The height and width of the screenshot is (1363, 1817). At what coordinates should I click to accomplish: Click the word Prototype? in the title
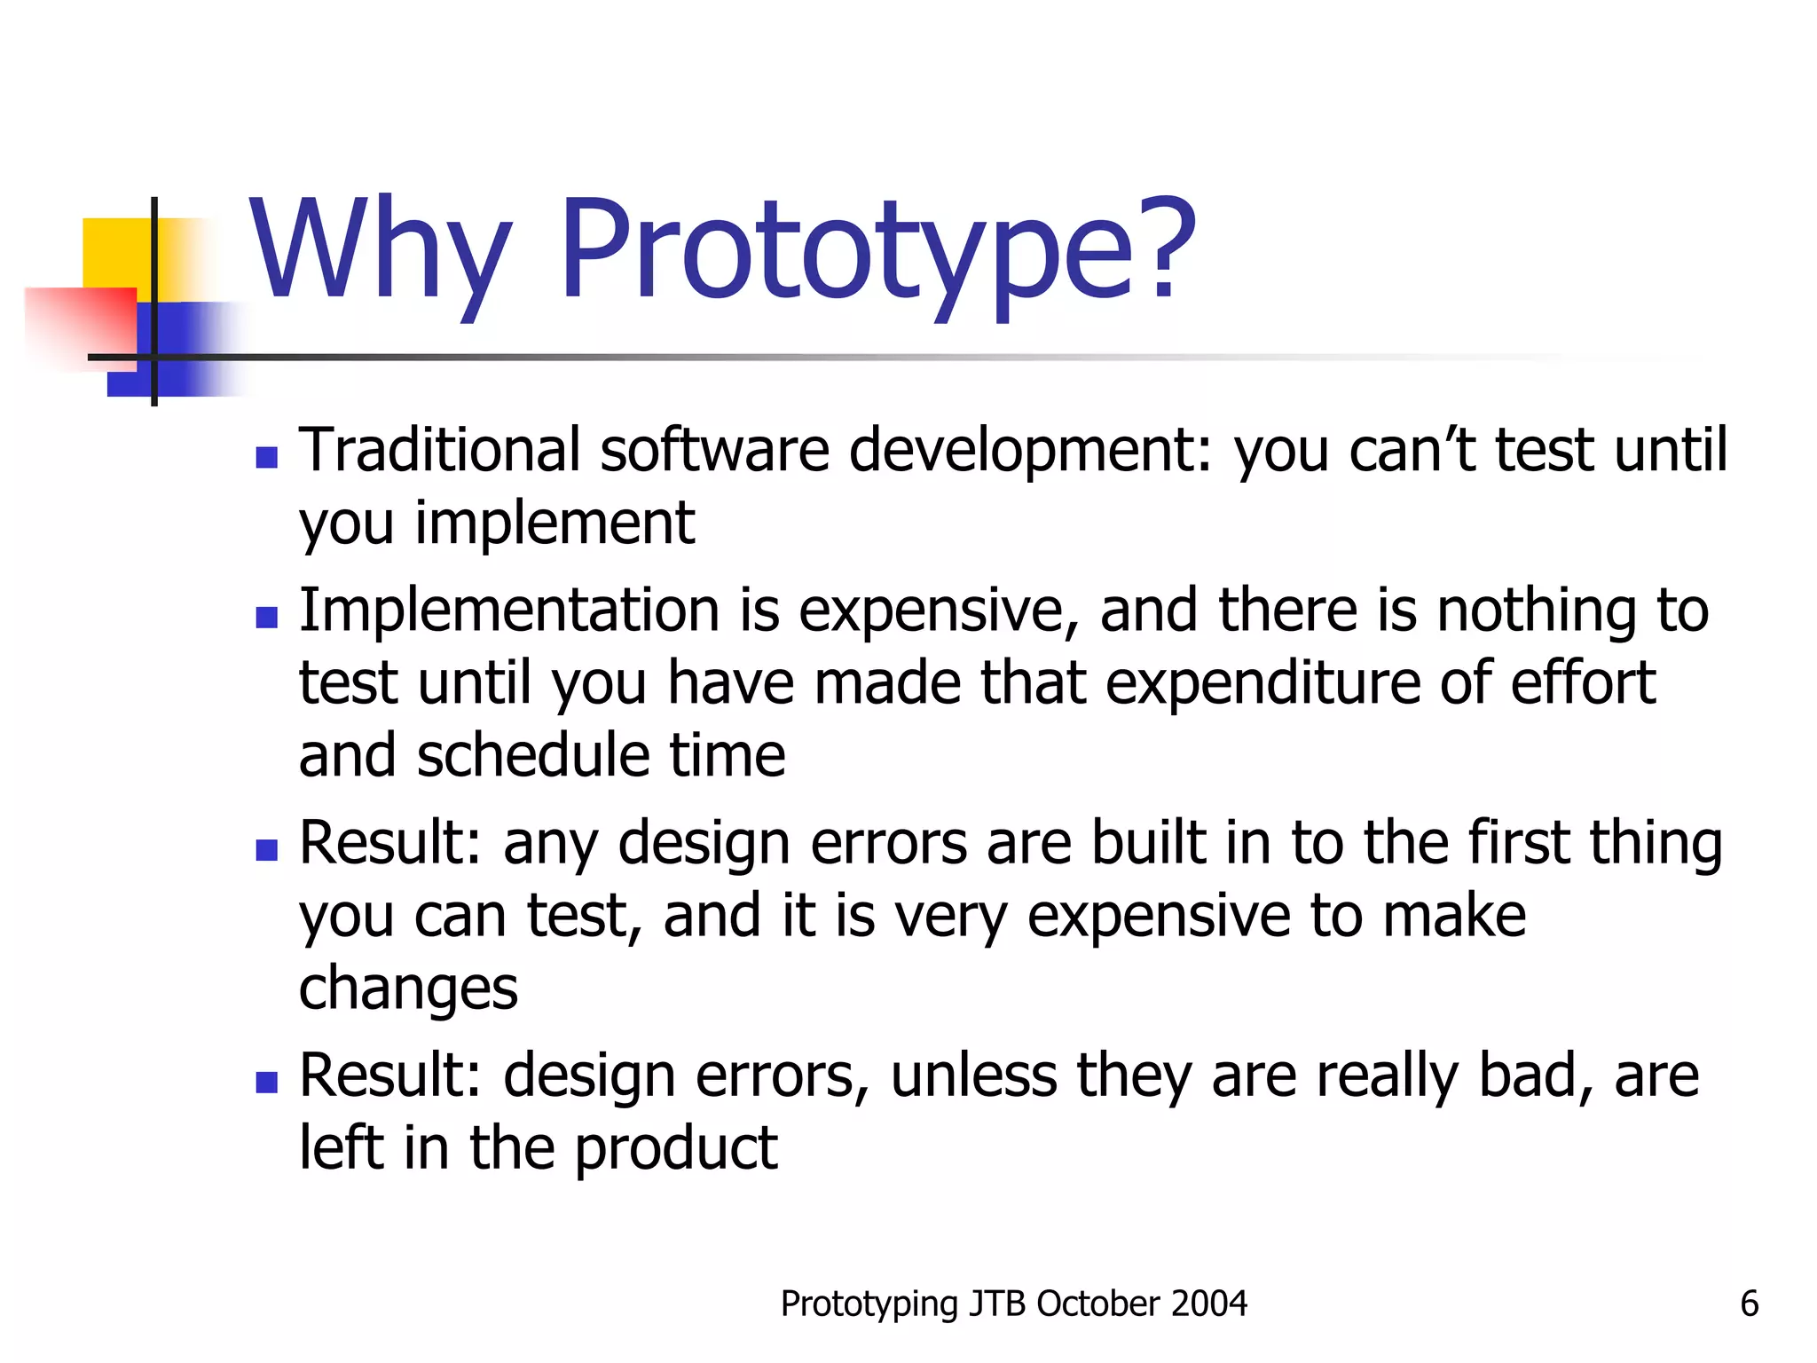point(878,253)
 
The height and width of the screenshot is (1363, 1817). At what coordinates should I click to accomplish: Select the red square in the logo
point(80,324)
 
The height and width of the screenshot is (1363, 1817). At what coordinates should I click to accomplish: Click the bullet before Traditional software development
point(266,457)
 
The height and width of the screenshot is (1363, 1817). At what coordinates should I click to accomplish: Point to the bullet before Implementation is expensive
point(266,617)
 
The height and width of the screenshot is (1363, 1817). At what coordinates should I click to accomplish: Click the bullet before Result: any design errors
point(266,850)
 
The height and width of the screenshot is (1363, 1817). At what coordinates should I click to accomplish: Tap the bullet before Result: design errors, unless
point(266,1082)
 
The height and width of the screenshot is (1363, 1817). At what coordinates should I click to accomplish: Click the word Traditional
point(439,450)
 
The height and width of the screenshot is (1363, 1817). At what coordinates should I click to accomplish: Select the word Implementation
point(508,612)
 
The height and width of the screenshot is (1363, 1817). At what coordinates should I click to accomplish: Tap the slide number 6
point(1749,1304)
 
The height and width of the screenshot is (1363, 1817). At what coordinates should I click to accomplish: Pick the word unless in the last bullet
point(973,1075)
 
